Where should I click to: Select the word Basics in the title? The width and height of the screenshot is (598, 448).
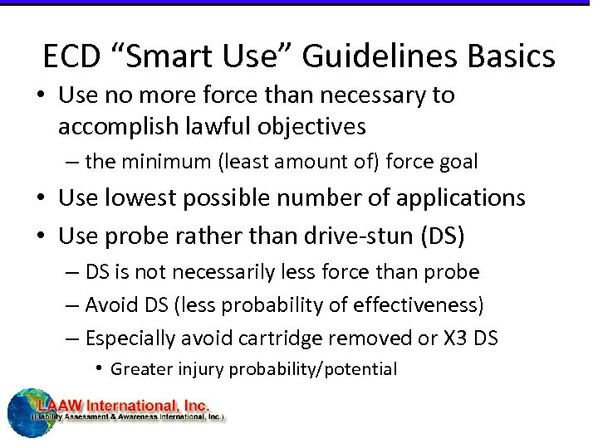[510, 56]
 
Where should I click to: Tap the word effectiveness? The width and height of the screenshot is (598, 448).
[414, 305]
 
